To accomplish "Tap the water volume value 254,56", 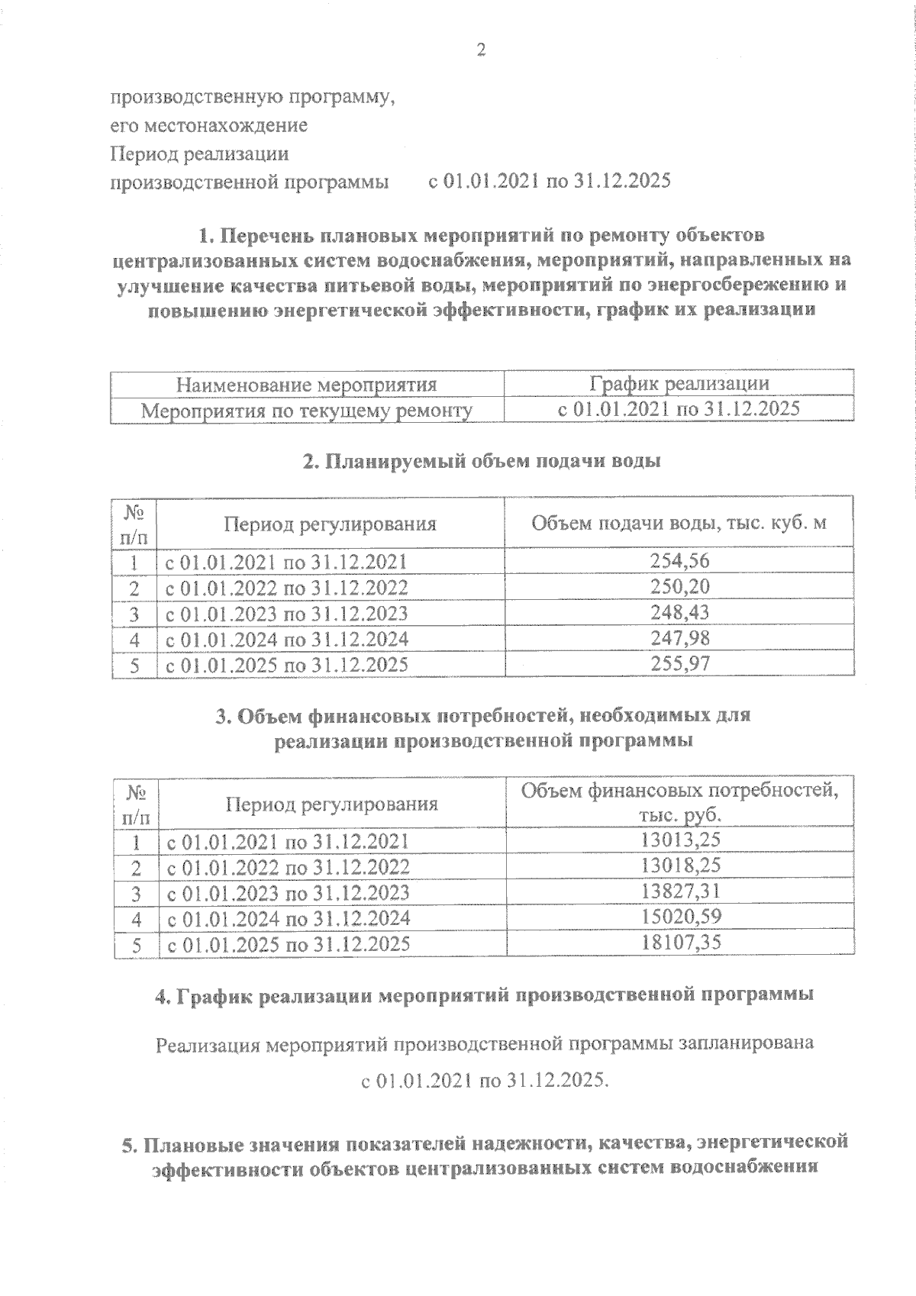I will (679, 561).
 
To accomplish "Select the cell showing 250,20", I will (679, 586).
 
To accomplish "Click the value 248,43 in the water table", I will (679, 612).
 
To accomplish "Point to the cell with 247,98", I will (679, 638).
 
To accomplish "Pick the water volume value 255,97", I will (679, 664).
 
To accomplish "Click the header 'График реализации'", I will (679, 384).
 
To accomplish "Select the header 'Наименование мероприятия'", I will (307, 385).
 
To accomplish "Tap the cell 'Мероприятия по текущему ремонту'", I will (307, 411).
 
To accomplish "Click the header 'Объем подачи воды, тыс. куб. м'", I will (679, 524).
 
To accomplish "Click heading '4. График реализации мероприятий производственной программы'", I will (484, 995).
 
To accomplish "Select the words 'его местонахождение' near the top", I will (209, 125).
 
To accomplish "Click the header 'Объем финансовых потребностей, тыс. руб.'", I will (679, 803).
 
